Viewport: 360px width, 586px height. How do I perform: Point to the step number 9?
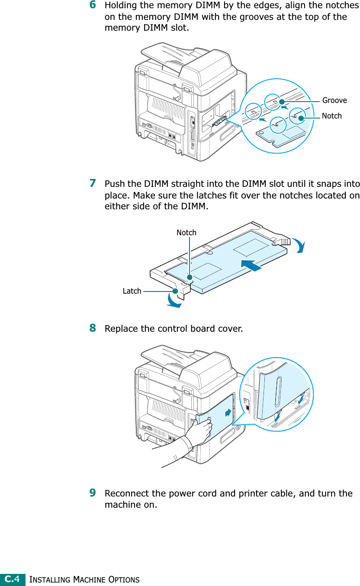click(93, 493)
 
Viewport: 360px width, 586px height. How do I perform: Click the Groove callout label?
click(334, 100)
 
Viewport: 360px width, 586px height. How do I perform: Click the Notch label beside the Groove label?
click(332, 116)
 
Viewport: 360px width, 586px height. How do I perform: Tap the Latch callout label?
click(132, 291)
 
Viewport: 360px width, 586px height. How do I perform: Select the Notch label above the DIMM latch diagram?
click(186, 233)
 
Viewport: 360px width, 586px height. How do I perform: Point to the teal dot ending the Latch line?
click(175, 291)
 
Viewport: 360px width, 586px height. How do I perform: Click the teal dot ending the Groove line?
click(282, 102)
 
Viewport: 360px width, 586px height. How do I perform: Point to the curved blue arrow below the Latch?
click(173, 301)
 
